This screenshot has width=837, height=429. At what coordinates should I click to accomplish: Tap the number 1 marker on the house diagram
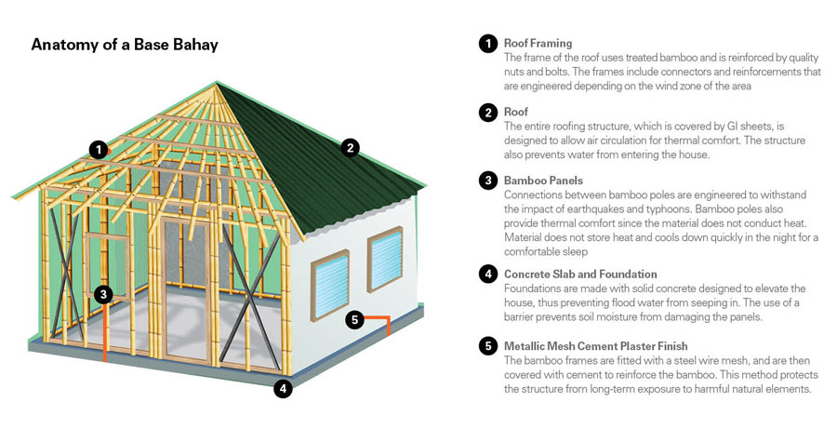click(x=98, y=149)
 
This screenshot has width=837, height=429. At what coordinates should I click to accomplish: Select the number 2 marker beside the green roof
click(x=350, y=146)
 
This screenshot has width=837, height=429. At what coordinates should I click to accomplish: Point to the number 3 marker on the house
click(x=103, y=294)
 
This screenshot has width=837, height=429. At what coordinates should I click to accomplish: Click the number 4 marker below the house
click(x=283, y=389)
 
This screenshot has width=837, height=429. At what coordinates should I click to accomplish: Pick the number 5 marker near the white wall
click(x=352, y=320)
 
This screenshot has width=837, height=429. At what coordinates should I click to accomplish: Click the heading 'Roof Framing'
click(x=538, y=43)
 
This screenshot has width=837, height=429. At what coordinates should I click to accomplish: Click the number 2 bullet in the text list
click(x=487, y=113)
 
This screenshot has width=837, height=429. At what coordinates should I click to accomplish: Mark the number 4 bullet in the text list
click(x=487, y=275)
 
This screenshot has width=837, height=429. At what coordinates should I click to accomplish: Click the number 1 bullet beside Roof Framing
click(x=487, y=44)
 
